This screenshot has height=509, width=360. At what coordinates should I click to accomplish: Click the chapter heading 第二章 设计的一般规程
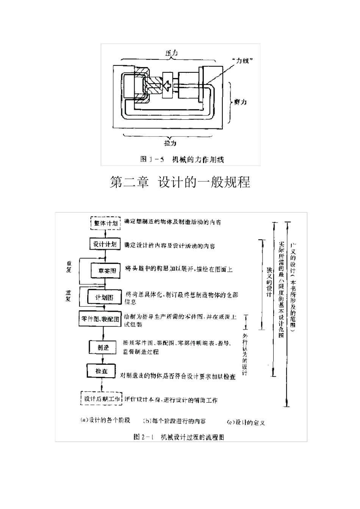pos(180,182)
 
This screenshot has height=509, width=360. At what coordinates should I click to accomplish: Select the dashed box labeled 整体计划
pos(105,223)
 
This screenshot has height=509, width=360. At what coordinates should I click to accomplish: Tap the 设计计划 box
pos(105,244)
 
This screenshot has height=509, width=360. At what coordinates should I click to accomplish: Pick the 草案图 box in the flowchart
pos(106,271)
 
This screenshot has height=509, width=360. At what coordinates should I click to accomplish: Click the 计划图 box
pos(104,297)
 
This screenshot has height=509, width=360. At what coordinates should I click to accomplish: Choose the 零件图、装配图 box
pos(100,319)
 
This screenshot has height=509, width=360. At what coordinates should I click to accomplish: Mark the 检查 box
pos(101,372)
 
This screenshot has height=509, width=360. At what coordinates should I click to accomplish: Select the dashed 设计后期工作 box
pos(102,399)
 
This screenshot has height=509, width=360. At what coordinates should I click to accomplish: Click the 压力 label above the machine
pos(171,53)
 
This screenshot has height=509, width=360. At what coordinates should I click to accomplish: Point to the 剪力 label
pos(240,102)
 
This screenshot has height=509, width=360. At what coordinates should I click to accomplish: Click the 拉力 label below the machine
pos(170,143)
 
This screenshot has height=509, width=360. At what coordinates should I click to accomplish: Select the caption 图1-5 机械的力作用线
pos(182,159)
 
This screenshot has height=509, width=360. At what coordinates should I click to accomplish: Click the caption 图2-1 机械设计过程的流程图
pos(179,437)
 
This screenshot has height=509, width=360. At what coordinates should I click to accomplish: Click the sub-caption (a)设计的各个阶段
pos(105,420)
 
